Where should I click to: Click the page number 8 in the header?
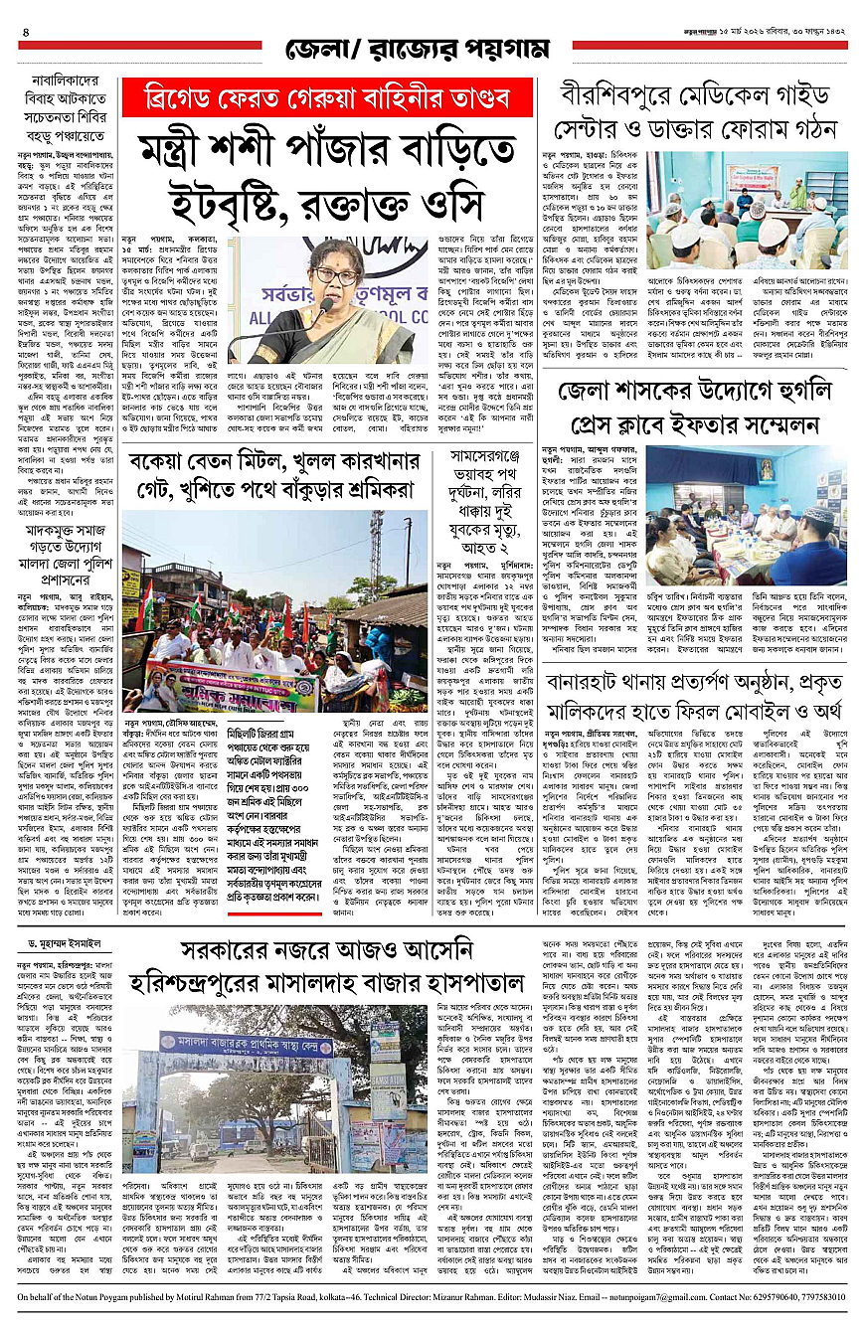coord(25,31)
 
